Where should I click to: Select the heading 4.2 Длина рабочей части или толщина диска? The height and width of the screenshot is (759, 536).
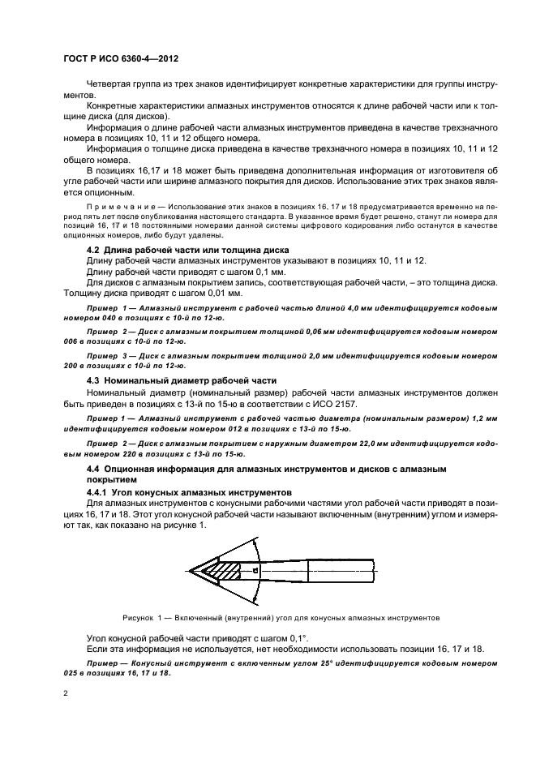(x=188, y=249)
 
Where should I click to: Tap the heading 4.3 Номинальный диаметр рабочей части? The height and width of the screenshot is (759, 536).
(x=182, y=379)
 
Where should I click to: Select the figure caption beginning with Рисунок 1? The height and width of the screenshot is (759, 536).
(x=281, y=617)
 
